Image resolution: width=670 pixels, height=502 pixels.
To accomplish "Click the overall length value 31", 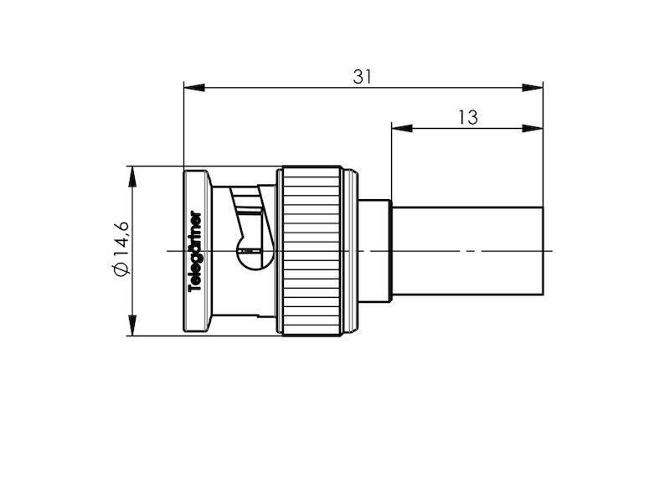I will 362,76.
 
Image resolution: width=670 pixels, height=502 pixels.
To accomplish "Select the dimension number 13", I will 467,118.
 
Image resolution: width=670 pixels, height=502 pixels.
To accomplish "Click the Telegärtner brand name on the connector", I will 196,251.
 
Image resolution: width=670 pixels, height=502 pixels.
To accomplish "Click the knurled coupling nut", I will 310,251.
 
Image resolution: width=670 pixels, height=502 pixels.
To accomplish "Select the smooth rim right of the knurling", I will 350,251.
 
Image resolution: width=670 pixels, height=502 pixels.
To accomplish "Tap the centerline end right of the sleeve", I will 549,250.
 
